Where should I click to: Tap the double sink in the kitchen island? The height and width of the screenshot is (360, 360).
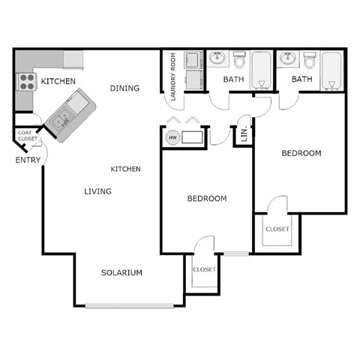(x=62, y=115)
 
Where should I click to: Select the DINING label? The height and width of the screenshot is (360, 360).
(x=124, y=88)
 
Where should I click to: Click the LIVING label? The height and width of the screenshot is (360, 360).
(x=97, y=192)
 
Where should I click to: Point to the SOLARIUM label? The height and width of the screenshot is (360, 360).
(x=121, y=273)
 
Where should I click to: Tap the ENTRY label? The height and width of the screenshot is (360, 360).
(x=28, y=160)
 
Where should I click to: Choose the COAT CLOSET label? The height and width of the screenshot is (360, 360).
(x=28, y=136)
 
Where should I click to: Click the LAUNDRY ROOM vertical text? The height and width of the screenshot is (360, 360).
(x=172, y=77)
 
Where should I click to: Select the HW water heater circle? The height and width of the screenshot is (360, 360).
(x=172, y=138)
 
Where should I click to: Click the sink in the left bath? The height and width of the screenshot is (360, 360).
(x=218, y=58)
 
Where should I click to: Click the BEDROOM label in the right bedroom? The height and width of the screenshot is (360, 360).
(x=301, y=154)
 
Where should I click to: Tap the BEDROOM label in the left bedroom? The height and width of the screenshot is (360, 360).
(x=206, y=199)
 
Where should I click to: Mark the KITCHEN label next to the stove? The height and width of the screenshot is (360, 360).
(x=58, y=81)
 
